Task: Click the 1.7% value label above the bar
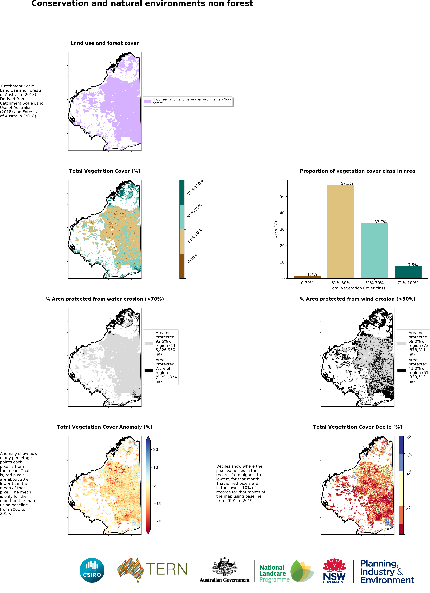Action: click(312, 274)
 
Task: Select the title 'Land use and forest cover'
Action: click(105, 43)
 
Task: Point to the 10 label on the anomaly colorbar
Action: click(155, 467)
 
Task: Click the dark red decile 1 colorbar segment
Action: click(401, 529)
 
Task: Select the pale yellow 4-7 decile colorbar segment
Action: click(401, 488)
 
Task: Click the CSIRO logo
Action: click(92, 570)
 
